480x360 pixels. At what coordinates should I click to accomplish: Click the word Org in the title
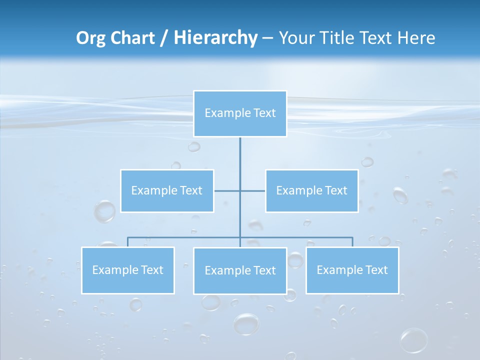(91, 38)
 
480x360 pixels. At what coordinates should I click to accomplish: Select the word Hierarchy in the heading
(215, 38)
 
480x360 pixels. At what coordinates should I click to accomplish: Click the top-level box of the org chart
(240, 113)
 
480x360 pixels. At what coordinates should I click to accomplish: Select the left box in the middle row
(167, 191)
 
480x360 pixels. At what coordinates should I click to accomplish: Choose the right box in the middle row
(311, 191)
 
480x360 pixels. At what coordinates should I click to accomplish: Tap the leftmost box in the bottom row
(128, 270)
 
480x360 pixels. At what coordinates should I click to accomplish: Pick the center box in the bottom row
(240, 271)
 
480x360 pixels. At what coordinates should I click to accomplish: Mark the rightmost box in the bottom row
(352, 270)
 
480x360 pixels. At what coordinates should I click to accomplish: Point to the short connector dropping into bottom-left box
(128, 242)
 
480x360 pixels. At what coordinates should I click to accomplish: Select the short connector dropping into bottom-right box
(352, 242)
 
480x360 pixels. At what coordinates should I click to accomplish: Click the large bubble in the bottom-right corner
(413, 340)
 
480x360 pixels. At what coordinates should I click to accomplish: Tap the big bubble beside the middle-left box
(104, 211)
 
